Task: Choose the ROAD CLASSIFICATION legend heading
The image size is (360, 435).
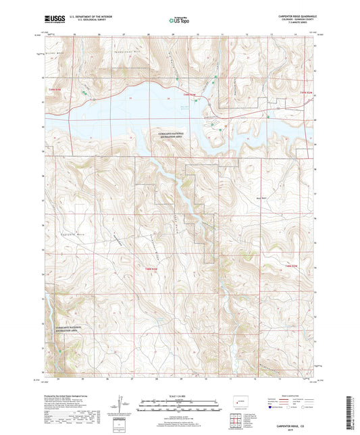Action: click(x=288, y=398)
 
